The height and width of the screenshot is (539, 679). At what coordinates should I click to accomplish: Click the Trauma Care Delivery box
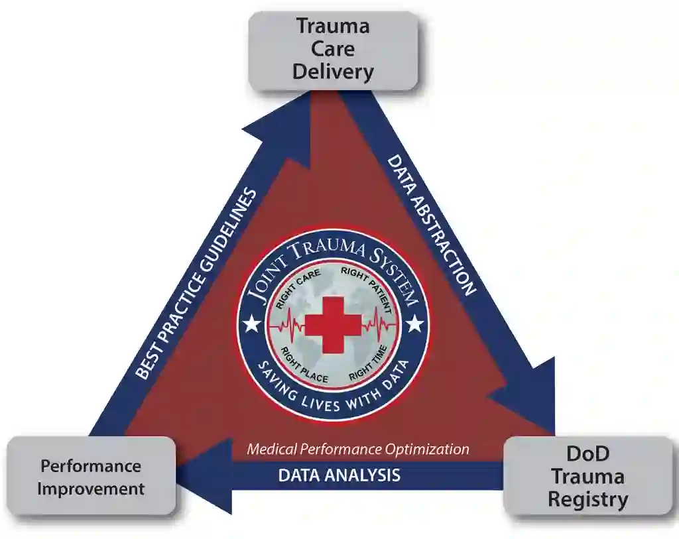[x=333, y=50]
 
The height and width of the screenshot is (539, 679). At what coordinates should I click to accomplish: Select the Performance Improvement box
[x=91, y=477]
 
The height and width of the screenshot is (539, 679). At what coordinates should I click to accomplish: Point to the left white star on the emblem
[x=251, y=324]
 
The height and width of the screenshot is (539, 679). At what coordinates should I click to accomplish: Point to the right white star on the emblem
[x=415, y=324]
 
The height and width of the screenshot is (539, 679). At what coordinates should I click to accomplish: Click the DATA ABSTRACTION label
[x=431, y=225]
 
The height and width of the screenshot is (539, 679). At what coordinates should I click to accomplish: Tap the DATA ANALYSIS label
[x=339, y=475]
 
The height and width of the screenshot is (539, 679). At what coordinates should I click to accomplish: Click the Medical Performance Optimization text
[x=358, y=449]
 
